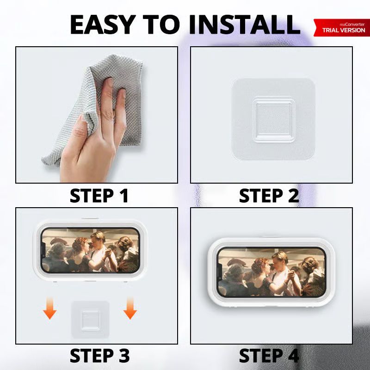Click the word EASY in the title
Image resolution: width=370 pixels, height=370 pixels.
pos(103,25)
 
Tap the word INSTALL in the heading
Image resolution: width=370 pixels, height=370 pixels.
pos(245,25)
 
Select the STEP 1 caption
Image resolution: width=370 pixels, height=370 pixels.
pos(99,195)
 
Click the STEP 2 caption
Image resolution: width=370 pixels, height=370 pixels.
pos(269,195)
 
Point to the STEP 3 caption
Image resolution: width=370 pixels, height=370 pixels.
pos(99,355)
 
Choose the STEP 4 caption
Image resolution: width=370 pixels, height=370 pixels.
pos(269,355)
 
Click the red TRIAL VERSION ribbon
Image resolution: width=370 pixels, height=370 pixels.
pos(342,28)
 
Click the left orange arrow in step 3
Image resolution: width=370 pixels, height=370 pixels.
pos(50,308)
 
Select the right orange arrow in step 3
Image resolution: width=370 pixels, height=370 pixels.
pos(130,308)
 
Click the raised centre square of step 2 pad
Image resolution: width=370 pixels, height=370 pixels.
pos(274,119)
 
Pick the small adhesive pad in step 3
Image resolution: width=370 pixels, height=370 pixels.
pos(90,320)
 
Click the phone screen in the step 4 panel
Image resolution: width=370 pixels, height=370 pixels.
pos(271,272)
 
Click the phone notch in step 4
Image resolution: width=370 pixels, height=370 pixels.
pos(219,272)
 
